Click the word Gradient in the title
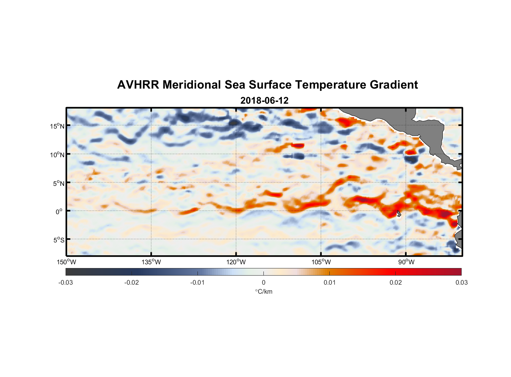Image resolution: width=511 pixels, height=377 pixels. tap(393, 85)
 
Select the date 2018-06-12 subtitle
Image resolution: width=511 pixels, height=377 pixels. tap(264, 101)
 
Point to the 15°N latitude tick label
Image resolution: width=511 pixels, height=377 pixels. tap(57, 126)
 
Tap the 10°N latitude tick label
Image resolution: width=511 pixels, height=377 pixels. tap(57, 155)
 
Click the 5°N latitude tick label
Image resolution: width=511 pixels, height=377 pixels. tap(58, 183)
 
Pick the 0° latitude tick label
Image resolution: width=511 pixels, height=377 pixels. tap(59, 211)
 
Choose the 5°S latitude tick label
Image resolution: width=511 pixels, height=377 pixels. tap(58, 240)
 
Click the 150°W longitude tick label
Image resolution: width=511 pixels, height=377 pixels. tap(66, 262)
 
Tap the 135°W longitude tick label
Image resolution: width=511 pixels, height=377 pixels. tap(151, 262)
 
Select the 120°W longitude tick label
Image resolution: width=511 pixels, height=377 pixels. tap(236, 262)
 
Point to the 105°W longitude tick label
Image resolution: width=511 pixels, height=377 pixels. tap(321, 262)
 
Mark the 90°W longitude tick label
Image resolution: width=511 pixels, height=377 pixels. tap(406, 262)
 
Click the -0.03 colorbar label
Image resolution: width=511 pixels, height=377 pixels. tap(66, 282)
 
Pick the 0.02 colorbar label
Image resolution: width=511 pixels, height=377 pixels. tap(395, 282)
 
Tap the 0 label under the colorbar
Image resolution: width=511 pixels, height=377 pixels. tap(263, 282)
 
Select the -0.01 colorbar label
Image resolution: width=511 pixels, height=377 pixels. tap(197, 282)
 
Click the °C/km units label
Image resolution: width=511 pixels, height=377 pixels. tap(263, 291)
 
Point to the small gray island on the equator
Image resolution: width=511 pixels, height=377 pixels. tap(399, 214)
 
